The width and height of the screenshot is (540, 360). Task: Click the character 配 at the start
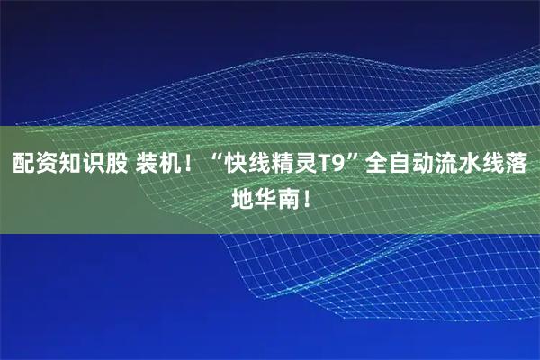[22, 165]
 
